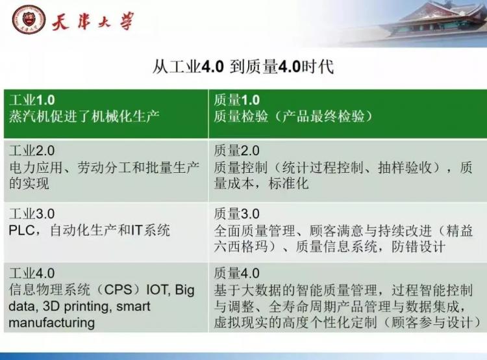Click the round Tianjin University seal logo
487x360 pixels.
(x=29, y=19)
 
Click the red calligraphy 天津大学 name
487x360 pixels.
(x=93, y=21)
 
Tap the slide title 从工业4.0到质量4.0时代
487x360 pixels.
(x=243, y=66)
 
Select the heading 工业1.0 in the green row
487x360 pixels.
(x=32, y=100)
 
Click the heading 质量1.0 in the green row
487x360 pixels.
(x=236, y=100)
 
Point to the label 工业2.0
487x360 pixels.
(x=32, y=151)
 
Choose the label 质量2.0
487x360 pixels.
(x=236, y=151)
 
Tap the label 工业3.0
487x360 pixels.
(x=32, y=214)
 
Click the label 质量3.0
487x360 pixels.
(x=236, y=214)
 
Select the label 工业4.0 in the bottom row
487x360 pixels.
(x=32, y=274)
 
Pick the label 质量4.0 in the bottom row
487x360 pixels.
(x=236, y=274)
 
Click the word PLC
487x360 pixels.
(x=21, y=231)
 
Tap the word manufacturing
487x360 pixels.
(x=51, y=323)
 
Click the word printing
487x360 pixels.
(x=86, y=307)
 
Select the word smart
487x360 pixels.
(x=133, y=307)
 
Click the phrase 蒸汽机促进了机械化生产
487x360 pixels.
(x=84, y=116)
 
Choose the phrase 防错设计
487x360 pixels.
(x=418, y=247)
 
